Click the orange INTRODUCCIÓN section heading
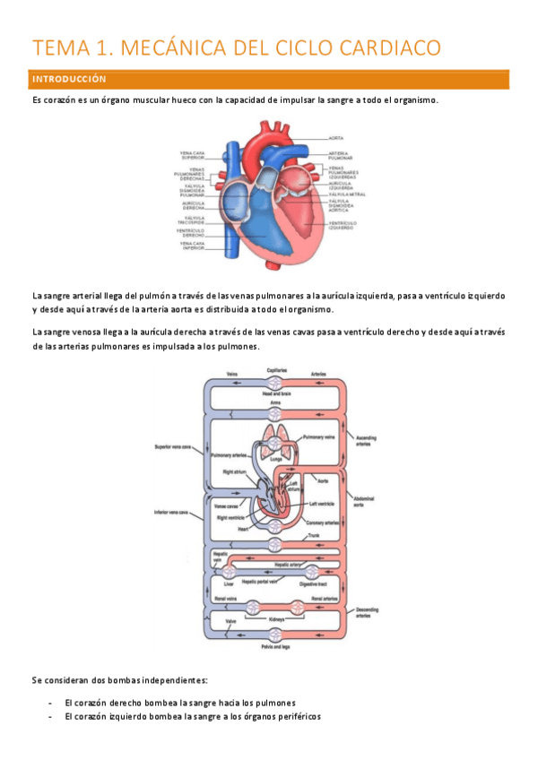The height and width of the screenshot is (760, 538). [x=69, y=80]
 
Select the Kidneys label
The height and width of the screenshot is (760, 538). [x=276, y=619]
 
